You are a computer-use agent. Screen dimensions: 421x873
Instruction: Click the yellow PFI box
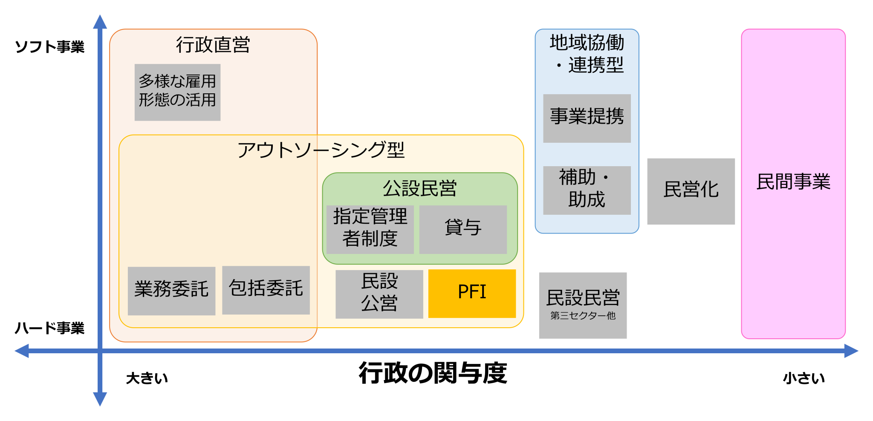point(472,293)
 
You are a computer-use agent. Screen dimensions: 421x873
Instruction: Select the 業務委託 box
point(171,291)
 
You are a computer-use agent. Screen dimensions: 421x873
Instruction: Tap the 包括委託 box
point(266,290)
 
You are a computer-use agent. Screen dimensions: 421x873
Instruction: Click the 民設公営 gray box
point(379,294)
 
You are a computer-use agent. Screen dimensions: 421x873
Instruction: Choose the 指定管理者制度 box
point(370,229)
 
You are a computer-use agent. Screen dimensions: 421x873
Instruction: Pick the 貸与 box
point(463,229)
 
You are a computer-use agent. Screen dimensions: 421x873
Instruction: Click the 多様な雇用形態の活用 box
point(177,92)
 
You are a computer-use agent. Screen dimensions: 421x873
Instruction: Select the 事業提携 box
point(587,118)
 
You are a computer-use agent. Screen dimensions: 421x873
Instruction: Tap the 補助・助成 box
point(587,190)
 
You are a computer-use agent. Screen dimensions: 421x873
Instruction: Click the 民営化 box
point(691,191)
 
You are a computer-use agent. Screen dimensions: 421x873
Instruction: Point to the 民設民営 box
point(583,298)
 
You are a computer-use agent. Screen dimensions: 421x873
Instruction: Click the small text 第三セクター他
point(583,316)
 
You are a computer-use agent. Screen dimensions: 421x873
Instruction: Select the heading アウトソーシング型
point(321,150)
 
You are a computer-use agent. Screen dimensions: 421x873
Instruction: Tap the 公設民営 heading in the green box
point(419,188)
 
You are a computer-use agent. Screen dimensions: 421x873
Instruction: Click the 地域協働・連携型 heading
point(587,54)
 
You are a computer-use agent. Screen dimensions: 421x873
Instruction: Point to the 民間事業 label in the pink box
point(793,182)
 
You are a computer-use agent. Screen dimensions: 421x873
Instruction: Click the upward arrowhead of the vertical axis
point(100,21)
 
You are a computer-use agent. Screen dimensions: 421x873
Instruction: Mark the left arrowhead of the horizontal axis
point(21,351)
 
